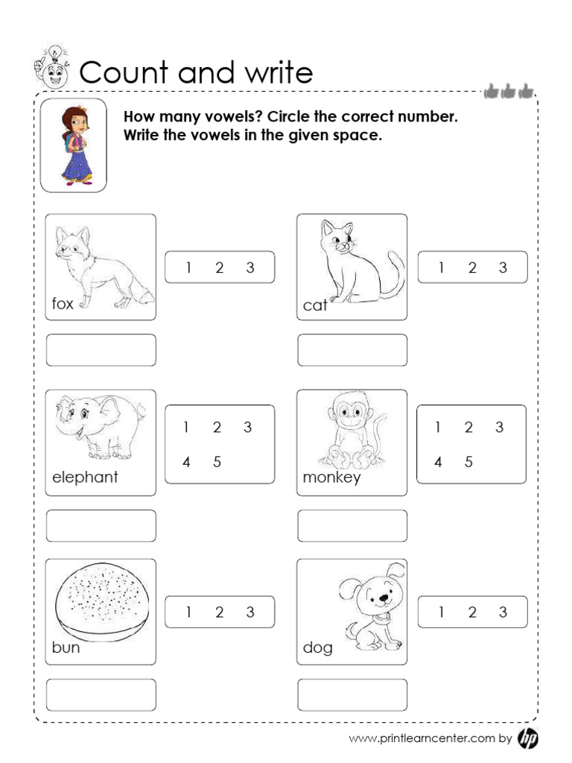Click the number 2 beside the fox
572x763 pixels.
point(220,268)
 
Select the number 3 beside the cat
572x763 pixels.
point(503,268)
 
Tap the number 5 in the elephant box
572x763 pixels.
point(217,462)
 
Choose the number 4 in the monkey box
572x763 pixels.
point(438,462)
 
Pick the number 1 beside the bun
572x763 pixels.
point(189,612)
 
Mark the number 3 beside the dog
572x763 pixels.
point(503,612)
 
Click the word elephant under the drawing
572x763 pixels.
point(85,478)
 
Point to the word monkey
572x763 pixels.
point(331,478)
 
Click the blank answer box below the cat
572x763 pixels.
point(352,350)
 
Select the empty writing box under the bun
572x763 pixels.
point(101,694)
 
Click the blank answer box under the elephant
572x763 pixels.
point(101,525)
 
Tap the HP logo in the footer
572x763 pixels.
point(527,738)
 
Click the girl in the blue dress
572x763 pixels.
point(74,145)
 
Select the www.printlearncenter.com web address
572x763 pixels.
point(422,739)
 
